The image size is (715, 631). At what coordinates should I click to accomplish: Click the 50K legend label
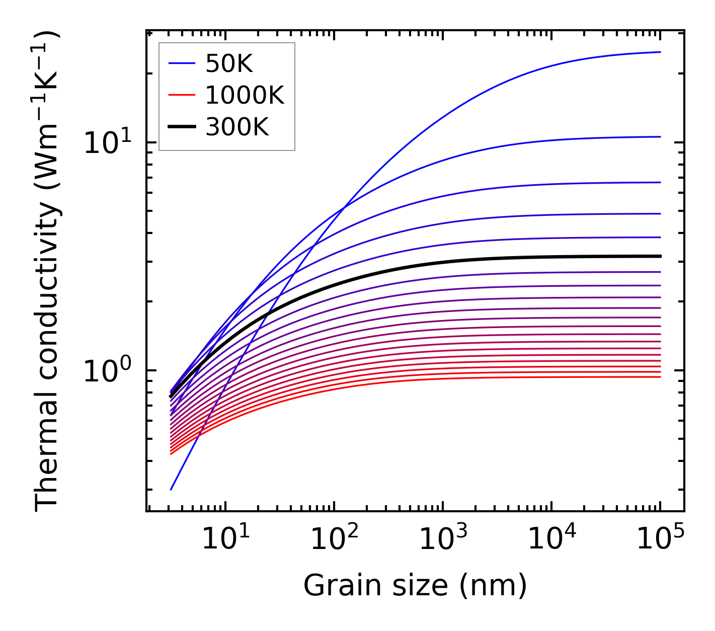pos(229,63)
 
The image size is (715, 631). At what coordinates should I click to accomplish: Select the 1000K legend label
pos(245,95)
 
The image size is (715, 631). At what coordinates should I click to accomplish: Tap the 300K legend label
pos(237,127)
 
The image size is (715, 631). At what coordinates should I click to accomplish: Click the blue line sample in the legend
pos(181,63)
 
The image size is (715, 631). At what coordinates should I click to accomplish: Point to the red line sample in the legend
pos(181,95)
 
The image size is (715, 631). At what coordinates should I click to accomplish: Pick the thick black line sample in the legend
pos(181,127)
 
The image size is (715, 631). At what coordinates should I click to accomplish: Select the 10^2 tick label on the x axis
pos(334,539)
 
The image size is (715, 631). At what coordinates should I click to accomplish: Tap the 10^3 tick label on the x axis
pos(442,539)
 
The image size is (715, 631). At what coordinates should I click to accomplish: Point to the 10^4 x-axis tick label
pos(551,539)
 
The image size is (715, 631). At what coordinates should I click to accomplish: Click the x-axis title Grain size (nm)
pos(415,586)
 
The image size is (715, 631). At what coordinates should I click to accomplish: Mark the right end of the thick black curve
pos(660,256)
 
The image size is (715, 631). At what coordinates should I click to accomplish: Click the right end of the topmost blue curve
pos(660,52)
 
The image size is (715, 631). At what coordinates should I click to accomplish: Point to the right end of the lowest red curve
pos(660,377)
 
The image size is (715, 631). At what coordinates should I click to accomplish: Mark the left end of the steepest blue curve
pos(171,490)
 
